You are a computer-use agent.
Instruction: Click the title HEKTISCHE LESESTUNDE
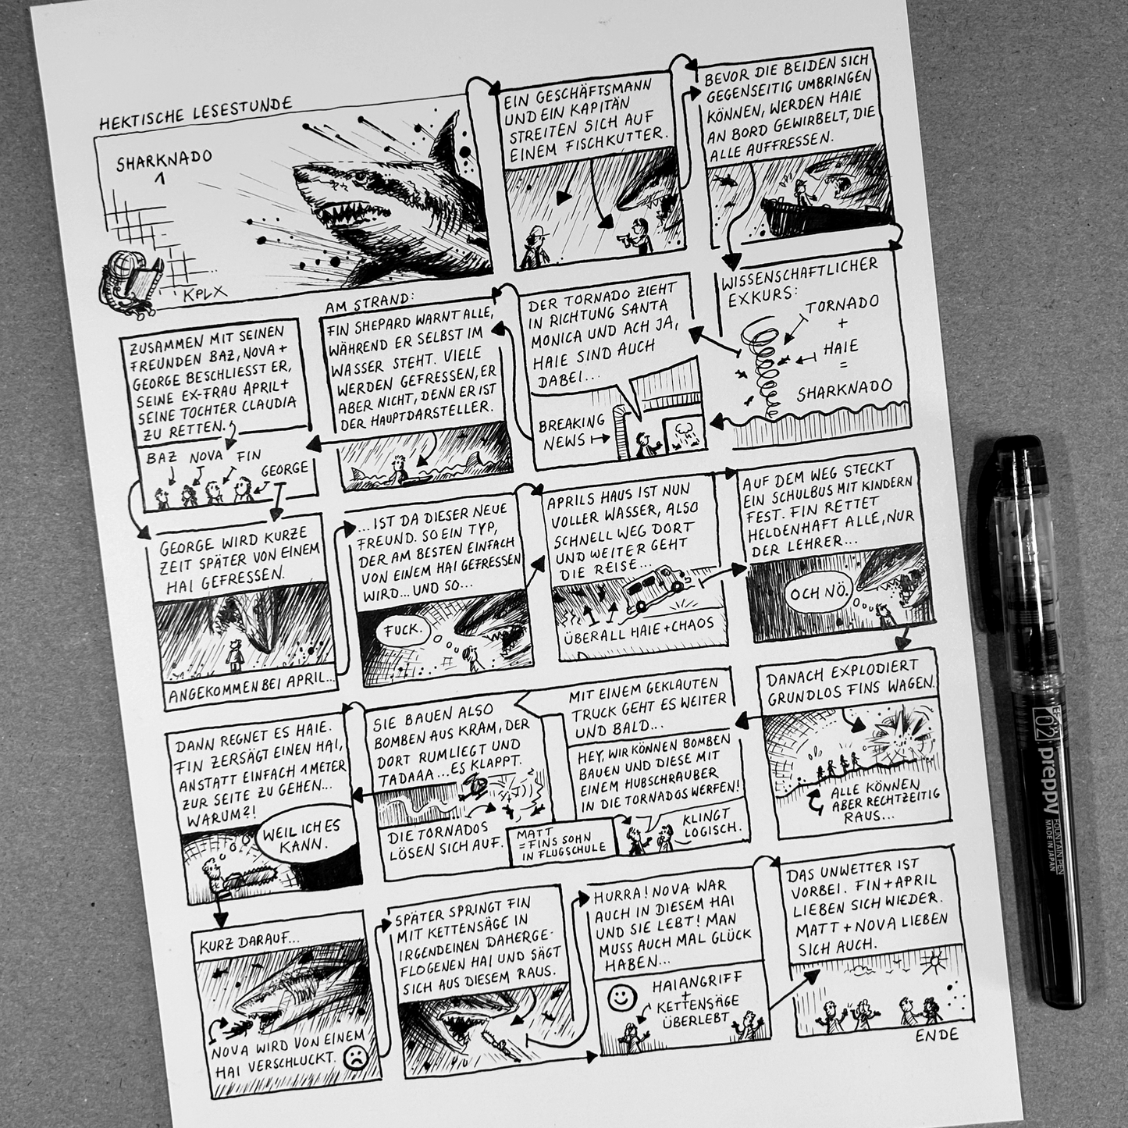195,113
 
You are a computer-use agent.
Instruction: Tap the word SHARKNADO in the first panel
164,160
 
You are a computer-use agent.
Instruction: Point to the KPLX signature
204,293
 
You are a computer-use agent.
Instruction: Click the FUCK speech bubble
404,630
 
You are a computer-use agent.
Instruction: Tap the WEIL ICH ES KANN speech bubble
301,834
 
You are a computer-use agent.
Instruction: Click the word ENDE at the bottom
937,1034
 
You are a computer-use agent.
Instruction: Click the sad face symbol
355,1058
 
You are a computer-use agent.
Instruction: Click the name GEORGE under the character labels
284,469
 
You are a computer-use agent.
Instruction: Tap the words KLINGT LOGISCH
710,822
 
